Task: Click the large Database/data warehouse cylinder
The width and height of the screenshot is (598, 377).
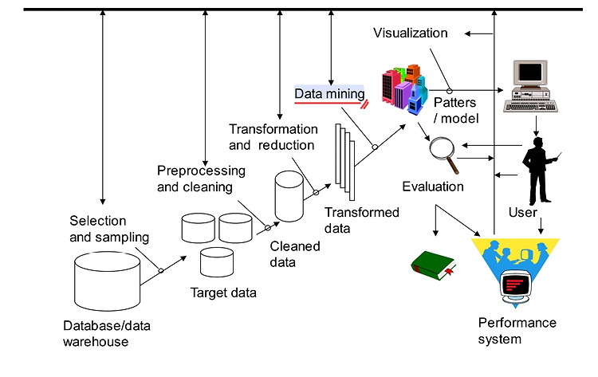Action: pos(107,281)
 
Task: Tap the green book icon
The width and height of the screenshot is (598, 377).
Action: pos(434,265)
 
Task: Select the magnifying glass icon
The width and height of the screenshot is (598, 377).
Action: pos(444,155)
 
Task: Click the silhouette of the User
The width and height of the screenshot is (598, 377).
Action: pos(540,171)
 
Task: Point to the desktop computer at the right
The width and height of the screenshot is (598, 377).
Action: pos(530,86)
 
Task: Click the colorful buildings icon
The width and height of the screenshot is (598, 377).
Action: pos(404,89)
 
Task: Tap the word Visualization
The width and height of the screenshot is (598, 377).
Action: pos(411,33)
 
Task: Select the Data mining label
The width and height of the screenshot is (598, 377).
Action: pos(329,94)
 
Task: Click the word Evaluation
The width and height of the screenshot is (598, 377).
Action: pos(433,187)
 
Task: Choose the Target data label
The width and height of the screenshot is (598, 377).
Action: pos(223,293)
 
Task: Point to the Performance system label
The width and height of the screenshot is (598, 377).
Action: pos(517,331)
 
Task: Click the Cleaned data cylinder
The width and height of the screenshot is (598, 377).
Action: pos(289,196)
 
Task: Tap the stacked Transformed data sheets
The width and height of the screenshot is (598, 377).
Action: pos(344,162)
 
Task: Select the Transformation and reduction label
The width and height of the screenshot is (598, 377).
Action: pos(273,137)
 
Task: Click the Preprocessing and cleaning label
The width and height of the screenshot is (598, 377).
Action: pos(201,179)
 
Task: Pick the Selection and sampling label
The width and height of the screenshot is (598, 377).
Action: pos(109,229)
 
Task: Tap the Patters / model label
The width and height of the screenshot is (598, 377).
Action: pos(456,111)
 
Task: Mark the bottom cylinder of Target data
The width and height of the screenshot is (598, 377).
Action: pos(217,262)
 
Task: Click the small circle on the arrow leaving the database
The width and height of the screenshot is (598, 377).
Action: pos(161,270)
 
